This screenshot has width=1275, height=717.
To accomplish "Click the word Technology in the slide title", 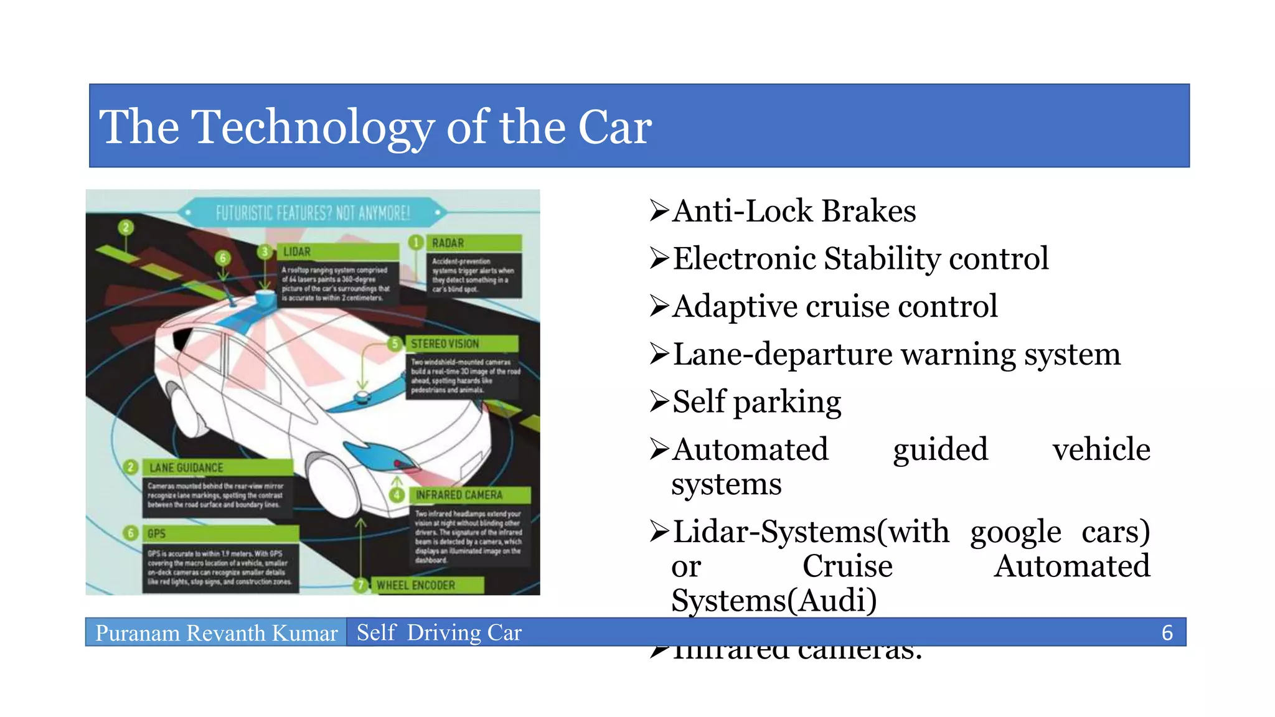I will click(311, 128).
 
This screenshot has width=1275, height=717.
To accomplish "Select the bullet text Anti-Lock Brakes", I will click(794, 211).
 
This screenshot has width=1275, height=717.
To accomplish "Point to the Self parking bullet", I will click(756, 402).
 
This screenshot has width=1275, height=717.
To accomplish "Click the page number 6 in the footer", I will click(1167, 633).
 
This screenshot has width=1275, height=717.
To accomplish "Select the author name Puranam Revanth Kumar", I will click(216, 633).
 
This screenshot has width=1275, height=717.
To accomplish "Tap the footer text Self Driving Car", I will click(439, 633).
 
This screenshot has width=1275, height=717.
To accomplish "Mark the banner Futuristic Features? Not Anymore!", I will click(313, 213).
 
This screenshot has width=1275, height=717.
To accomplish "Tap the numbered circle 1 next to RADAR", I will click(416, 242).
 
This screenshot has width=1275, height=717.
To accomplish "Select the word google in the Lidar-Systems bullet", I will click(1015, 533).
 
